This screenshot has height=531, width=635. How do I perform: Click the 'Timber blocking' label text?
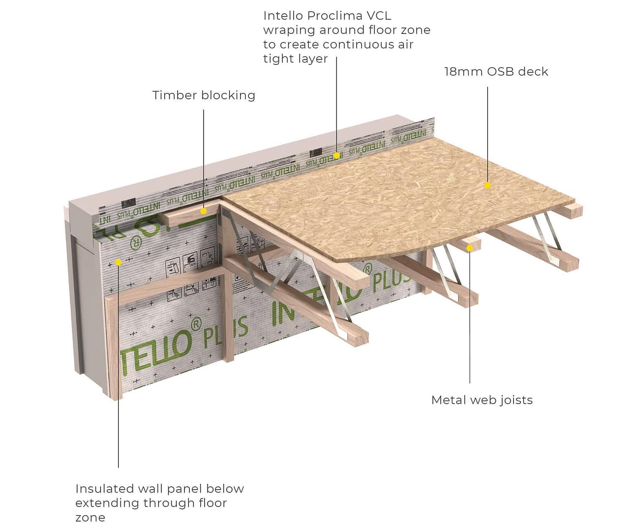[x=204, y=95]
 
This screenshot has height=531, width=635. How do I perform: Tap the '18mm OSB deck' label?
[x=496, y=72]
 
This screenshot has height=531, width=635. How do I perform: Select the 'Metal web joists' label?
[x=482, y=400]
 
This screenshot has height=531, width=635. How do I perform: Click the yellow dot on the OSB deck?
[x=487, y=185]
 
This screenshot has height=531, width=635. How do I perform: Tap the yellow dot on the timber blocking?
[x=204, y=211]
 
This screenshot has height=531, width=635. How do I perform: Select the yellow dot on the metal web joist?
[x=470, y=248]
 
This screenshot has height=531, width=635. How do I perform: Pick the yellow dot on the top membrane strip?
[x=337, y=155]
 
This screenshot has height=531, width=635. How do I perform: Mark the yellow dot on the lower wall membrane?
[x=119, y=263]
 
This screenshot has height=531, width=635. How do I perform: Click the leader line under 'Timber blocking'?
[x=204, y=157]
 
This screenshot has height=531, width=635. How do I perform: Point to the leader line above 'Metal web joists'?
[x=470, y=320]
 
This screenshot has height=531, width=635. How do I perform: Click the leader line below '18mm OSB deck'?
[x=487, y=133]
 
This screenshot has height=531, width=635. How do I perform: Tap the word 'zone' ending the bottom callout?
[x=90, y=518]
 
